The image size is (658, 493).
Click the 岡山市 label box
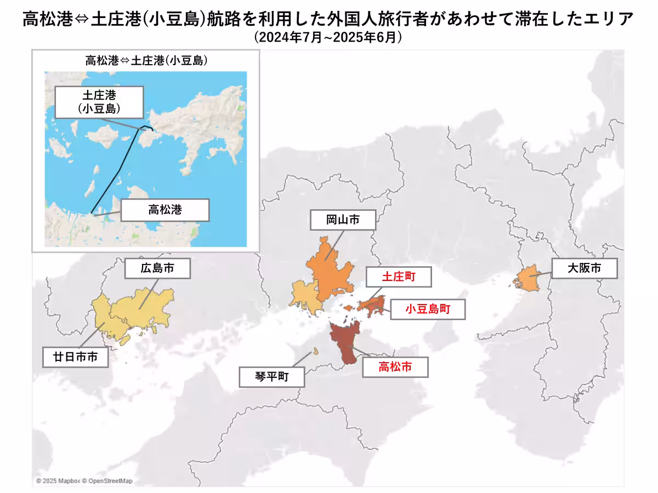coord(343,220)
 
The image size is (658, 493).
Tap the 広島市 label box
coord(157,269)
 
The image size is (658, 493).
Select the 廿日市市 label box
coord(76,357)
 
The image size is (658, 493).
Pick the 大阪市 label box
coord(584,269)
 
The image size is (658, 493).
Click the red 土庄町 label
coord(399,277)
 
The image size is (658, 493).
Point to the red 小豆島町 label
coord(428,309)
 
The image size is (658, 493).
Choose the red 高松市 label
coord(395,367)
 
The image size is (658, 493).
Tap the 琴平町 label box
coord(271,377)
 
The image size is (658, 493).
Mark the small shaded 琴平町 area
coord(316,352)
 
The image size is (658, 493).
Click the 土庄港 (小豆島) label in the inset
coord(99,101)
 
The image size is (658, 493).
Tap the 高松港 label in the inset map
coord(164,209)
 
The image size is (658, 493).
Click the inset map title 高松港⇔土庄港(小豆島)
coord(146,61)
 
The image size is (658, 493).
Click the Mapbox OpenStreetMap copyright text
coord(84,481)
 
